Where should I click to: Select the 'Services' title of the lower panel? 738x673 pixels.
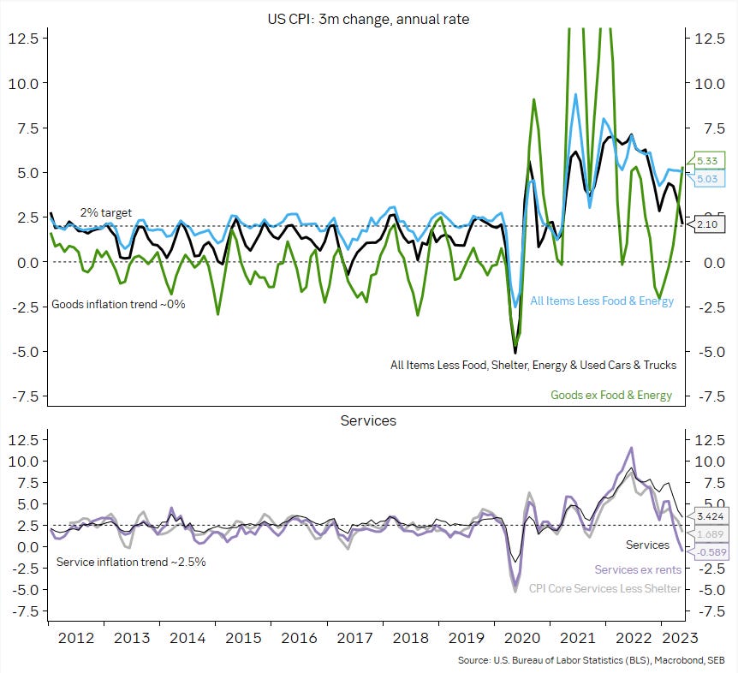368,420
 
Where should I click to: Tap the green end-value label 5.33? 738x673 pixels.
706,161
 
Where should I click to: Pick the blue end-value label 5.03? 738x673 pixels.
706,179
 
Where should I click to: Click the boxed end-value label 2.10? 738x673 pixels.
706,224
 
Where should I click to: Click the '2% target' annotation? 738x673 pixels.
106,211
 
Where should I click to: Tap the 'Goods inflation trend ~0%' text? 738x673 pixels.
119,304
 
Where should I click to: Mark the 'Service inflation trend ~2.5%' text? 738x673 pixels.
131,563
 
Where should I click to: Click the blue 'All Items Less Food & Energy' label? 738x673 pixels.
602,301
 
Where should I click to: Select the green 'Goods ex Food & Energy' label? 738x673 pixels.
611,395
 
